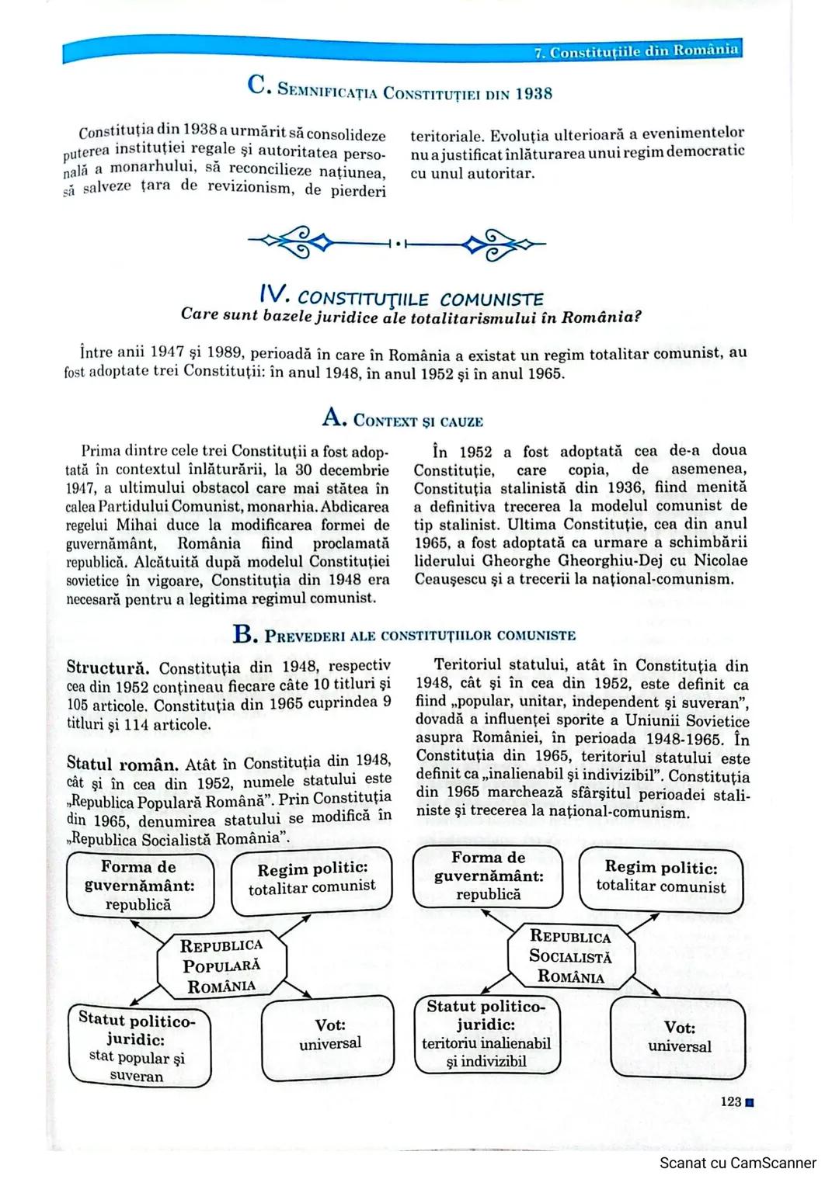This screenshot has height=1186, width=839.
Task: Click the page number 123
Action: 731,1101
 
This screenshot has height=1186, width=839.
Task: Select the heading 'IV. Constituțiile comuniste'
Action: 401,296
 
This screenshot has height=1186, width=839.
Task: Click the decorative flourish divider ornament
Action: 396,244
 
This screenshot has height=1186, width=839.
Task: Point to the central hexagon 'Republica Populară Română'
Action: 221,966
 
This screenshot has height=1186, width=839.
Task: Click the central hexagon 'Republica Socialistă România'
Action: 571,956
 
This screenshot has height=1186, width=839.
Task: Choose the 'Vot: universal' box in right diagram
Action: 679,1037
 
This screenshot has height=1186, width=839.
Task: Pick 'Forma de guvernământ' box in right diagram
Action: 488,876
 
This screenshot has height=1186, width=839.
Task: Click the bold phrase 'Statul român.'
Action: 122,764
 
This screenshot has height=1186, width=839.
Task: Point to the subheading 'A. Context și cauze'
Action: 402,420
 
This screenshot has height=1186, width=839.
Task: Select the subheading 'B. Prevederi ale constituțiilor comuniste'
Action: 404,635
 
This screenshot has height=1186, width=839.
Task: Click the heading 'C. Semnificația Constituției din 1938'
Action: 400,90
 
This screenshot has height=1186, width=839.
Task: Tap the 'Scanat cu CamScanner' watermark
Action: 737,1163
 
